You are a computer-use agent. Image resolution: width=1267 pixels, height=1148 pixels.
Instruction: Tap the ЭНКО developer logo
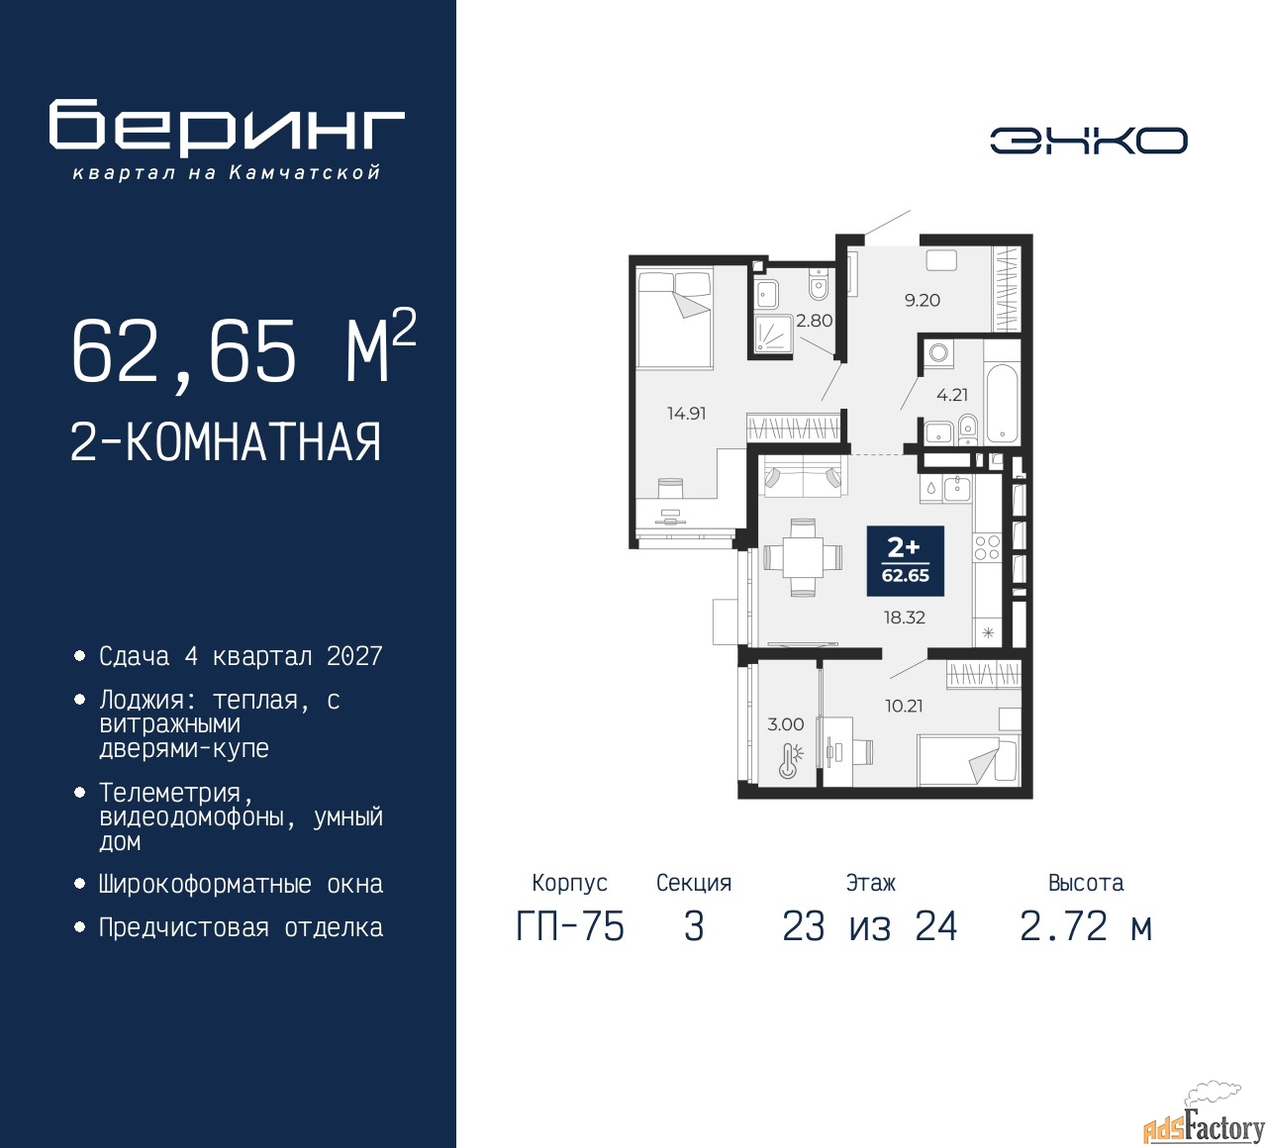pyautogui.click(x=1089, y=141)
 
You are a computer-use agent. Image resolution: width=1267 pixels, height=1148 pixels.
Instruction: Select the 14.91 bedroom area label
pyautogui.click(x=687, y=414)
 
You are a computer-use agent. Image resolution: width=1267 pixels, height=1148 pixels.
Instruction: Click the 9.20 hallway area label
pyautogui.click(x=923, y=300)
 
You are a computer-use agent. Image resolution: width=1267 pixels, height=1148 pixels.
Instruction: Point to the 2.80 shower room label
pyautogui.click(x=814, y=321)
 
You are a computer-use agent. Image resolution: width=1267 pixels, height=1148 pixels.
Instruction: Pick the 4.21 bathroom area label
pyautogui.click(x=952, y=395)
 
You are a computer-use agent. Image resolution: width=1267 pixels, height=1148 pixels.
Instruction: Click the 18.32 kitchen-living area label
pyautogui.click(x=905, y=617)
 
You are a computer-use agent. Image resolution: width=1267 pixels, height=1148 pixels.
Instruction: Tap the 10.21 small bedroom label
pyautogui.click(x=904, y=706)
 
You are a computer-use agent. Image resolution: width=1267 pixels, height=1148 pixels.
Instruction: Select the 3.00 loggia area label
pyautogui.click(x=786, y=724)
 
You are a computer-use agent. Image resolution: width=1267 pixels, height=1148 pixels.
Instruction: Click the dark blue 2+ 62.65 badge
pyautogui.click(x=905, y=561)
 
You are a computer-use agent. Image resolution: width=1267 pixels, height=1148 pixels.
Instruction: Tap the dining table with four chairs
pyautogui.click(x=802, y=557)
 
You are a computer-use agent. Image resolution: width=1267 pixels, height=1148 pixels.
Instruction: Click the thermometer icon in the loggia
pyautogui.click(x=790, y=761)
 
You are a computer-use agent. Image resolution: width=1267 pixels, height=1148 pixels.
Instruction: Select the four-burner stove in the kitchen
pyautogui.click(x=987, y=547)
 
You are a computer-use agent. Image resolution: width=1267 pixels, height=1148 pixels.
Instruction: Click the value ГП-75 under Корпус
pyautogui.click(x=570, y=926)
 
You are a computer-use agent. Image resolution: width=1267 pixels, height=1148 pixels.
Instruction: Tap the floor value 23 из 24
pyautogui.click(x=870, y=926)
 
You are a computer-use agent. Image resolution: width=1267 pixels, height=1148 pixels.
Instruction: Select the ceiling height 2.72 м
pyautogui.click(x=1086, y=926)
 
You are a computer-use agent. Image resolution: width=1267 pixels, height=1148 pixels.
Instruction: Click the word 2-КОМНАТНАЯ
pyautogui.click(x=226, y=442)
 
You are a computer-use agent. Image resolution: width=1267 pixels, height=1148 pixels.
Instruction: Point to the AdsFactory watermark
pyautogui.click(x=1204, y=1122)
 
